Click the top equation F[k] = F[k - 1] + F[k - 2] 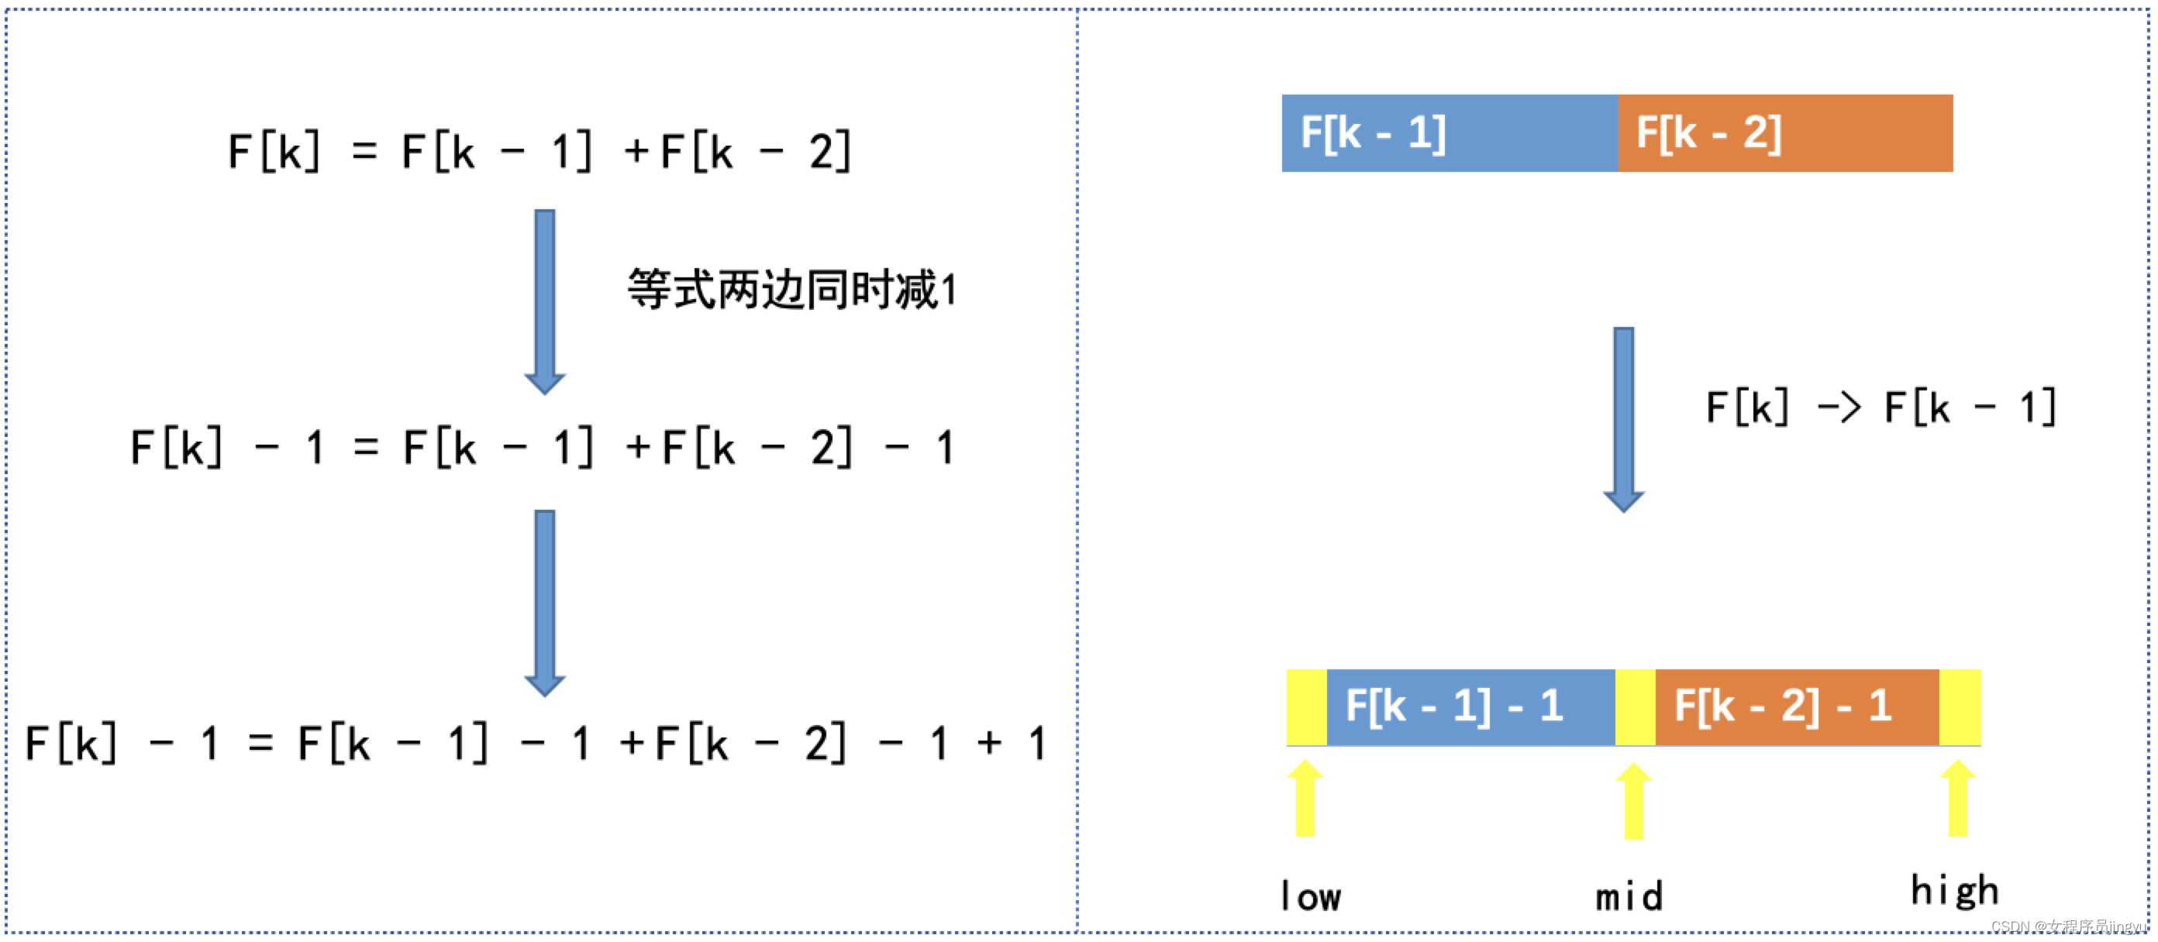click(x=539, y=152)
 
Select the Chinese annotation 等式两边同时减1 click(x=791, y=290)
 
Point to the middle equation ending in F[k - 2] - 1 click(x=541, y=447)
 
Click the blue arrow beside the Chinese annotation click(x=544, y=301)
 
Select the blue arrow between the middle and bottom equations click(x=544, y=603)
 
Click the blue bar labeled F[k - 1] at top click(x=1450, y=133)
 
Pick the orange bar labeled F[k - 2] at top click(x=1785, y=133)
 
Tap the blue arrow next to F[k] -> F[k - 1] click(x=1623, y=418)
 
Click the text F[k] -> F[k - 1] click(x=1880, y=407)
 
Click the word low click(x=1310, y=896)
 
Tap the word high click(x=1954, y=891)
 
